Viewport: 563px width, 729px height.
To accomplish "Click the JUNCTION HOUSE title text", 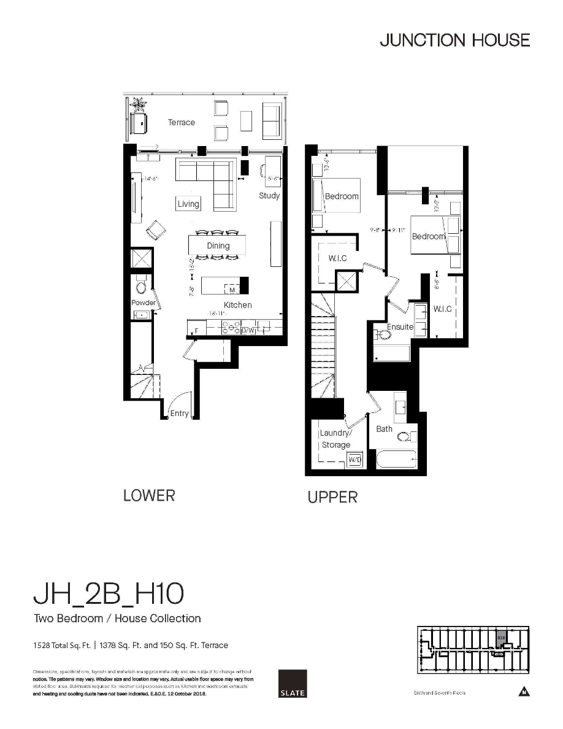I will (454, 40).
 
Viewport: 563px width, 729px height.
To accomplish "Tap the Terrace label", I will (182, 123).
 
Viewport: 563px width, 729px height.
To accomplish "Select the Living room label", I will (188, 204).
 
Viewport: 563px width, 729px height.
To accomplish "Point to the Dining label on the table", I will (218, 245).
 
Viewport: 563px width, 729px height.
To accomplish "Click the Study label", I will (269, 196).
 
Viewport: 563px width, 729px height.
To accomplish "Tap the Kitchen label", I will (237, 305).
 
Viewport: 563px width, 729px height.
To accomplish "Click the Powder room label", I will (143, 303).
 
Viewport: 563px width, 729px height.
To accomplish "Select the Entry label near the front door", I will (179, 414).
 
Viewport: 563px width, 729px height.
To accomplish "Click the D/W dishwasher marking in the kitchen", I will (248, 331).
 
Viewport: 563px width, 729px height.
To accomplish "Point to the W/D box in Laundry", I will (354, 459).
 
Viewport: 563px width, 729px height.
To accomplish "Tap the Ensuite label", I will (400, 327).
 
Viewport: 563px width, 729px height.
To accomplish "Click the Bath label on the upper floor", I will (385, 429).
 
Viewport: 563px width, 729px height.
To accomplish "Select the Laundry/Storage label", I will (335, 439).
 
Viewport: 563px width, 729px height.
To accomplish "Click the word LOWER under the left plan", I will (149, 496).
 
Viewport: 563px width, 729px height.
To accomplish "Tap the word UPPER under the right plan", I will (332, 498).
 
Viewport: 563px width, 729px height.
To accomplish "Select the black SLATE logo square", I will (292, 684).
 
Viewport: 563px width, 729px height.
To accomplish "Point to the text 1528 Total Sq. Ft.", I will (62, 646).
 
